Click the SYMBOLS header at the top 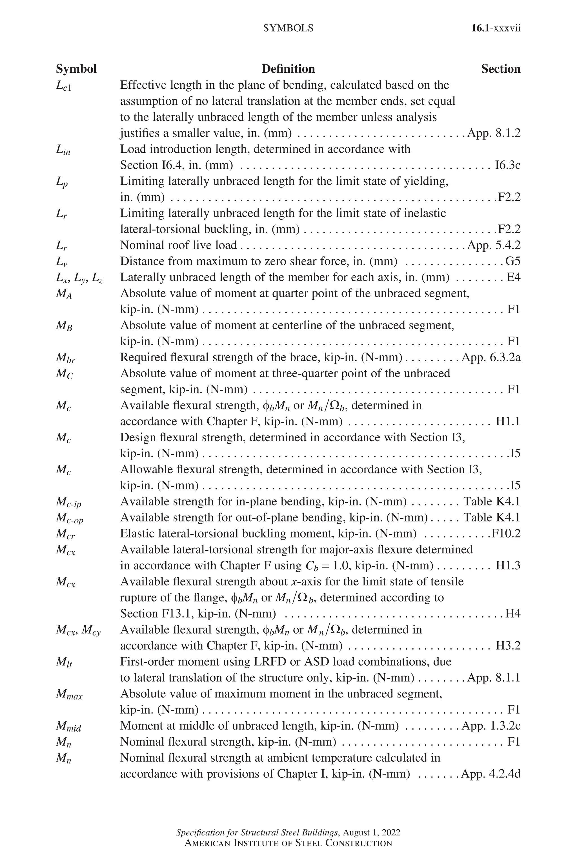(288, 28)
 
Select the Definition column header (288, 69)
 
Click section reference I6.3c (508, 165)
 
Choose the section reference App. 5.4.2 (494, 245)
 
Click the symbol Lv (62, 262)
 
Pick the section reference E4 (513, 277)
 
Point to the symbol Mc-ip (68, 502)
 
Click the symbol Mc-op (70, 519)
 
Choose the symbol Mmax (69, 695)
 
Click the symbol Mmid (68, 727)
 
